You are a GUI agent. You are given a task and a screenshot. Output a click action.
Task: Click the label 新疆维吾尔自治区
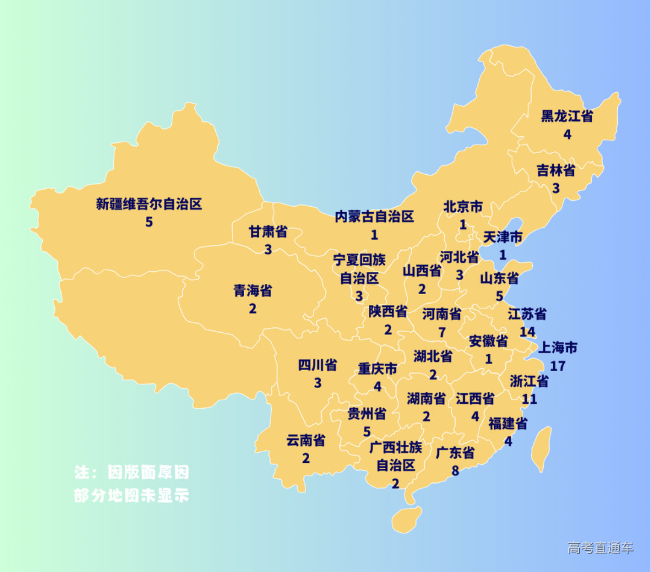pyautogui.click(x=149, y=204)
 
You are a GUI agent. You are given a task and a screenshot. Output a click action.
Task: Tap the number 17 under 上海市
pyautogui.click(x=558, y=366)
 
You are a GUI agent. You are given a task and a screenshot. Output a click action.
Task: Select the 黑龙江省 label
pyautogui.click(x=567, y=116)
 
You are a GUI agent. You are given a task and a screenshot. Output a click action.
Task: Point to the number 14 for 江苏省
pyautogui.click(x=527, y=332)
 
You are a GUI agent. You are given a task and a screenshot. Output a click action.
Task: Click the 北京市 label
pyautogui.click(x=463, y=207)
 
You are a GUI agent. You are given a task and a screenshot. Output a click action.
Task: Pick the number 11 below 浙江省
pyautogui.click(x=529, y=398)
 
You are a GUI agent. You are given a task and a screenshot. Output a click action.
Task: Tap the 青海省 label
pyautogui.click(x=253, y=291)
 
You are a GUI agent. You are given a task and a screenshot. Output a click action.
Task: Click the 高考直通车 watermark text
pyautogui.click(x=600, y=548)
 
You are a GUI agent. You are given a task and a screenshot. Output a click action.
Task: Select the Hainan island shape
pyautogui.click(x=406, y=520)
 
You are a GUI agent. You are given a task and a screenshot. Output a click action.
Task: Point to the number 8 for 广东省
pyautogui.click(x=455, y=470)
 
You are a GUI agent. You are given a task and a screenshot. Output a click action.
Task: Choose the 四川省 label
pyautogui.click(x=318, y=365)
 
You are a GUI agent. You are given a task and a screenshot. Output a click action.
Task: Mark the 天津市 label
pyautogui.click(x=503, y=237)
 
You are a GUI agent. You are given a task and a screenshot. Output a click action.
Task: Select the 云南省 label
pyautogui.click(x=306, y=441)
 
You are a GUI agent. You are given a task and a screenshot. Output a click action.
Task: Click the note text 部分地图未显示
pyautogui.click(x=131, y=495)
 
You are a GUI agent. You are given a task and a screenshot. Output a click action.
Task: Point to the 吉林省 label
pyautogui.click(x=556, y=171)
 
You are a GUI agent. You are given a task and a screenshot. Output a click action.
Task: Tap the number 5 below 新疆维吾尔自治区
pyautogui.click(x=149, y=222)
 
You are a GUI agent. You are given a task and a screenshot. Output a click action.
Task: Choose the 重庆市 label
pyautogui.click(x=377, y=368)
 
